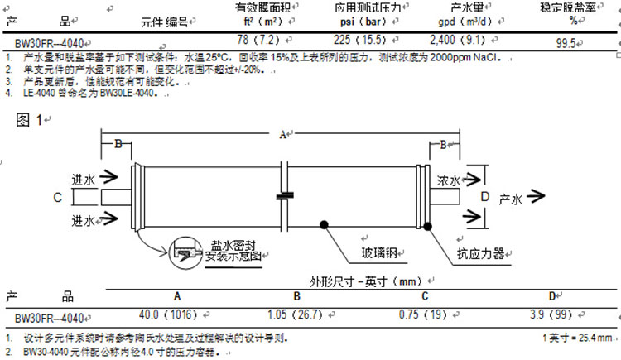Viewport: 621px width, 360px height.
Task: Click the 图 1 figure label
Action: click(x=28, y=120)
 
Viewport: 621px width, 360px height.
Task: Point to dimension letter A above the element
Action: click(x=282, y=133)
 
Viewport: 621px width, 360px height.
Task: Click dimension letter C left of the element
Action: click(x=56, y=197)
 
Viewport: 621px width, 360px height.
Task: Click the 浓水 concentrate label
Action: click(x=448, y=180)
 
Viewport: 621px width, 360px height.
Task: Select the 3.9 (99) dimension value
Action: click(x=551, y=315)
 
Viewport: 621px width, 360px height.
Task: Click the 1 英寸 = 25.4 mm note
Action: click(x=577, y=338)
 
